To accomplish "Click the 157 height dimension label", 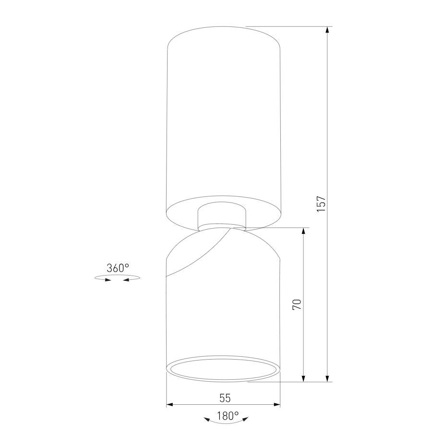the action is click(321, 204).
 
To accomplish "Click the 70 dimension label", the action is click(297, 304).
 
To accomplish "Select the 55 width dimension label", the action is click(225, 398).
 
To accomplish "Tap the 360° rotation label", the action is click(118, 268).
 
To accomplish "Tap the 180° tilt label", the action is click(228, 416).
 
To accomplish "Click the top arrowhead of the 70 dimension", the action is click(303, 231).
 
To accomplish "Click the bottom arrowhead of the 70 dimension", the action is click(303, 378).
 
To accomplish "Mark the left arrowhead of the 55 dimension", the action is click(170, 405).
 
